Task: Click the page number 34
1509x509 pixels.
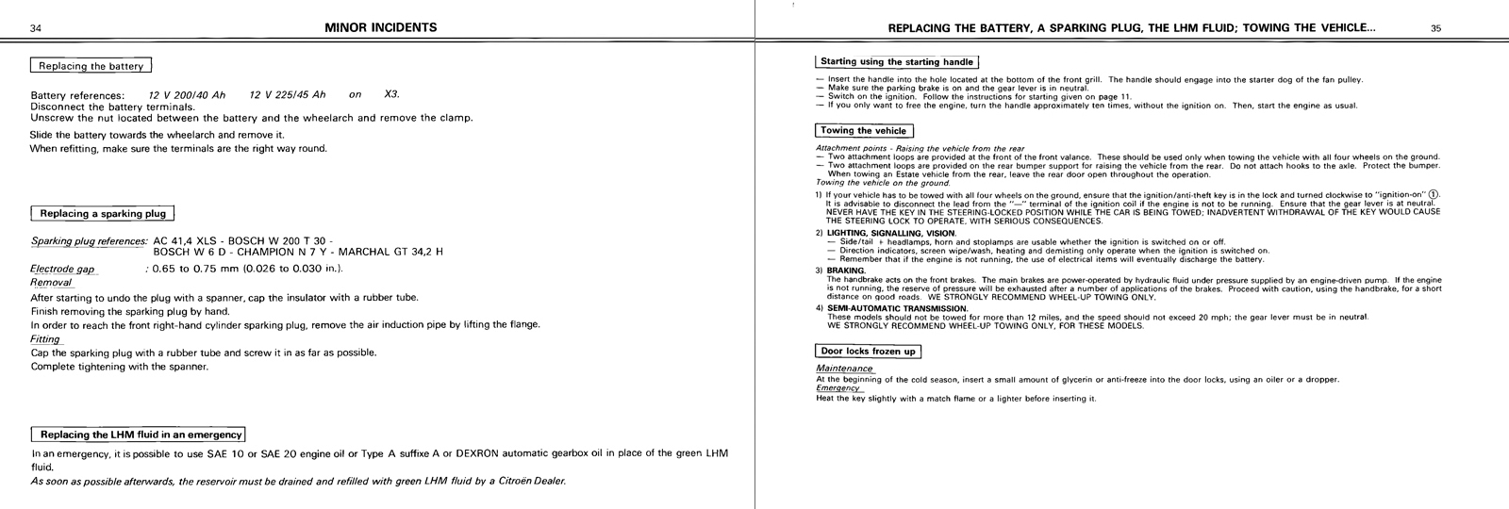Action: click(x=36, y=28)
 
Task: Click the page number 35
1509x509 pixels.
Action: click(x=1435, y=28)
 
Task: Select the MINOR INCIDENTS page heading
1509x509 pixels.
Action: click(x=380, y=27)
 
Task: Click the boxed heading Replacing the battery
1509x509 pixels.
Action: click(x=91, y=66)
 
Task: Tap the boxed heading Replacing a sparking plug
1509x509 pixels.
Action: click(x=104, y=214)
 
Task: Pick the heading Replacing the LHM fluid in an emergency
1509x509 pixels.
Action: click(x=139, y=435)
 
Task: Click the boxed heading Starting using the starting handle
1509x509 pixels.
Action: click(x=897, y=62)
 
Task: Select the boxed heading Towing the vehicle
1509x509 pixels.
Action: click(x=864, y=131)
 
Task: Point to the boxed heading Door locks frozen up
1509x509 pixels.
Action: click(x=868, y=352)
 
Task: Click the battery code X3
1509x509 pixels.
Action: click(x=392, y=95)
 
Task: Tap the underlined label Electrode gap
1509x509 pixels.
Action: click(x=62, y=269)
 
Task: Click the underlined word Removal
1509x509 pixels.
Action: click(x=51, y=282)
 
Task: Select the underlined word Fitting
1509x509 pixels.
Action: click(x=45, y=338)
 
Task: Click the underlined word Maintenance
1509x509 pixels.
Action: click(x=844, y=369)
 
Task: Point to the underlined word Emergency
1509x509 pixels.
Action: click(x=838, y=387)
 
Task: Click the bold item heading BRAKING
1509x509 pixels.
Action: click(x=846, y=271)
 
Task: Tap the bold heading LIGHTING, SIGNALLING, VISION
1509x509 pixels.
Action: click(x=891, y=233)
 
